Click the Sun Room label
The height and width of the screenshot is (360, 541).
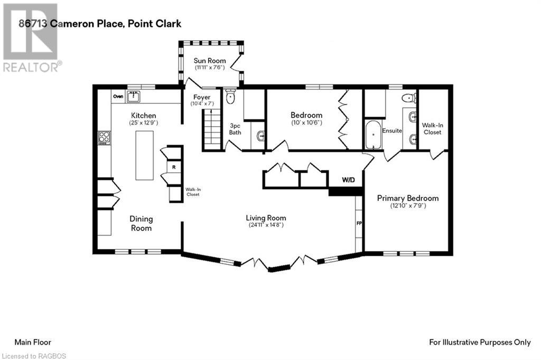(x=209, y=61)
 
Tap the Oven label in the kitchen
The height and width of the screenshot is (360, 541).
(x=118, y=97)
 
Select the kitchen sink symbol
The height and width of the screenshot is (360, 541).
(x=133, y=97)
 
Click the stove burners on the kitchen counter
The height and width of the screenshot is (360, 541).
(x=104, y=138)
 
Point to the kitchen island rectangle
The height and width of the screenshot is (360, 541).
(x=144, y=155)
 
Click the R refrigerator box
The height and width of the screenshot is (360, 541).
(x=174, y=167)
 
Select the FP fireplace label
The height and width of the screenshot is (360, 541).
(x=359, y=223)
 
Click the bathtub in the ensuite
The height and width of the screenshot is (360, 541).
(x=374, y=135)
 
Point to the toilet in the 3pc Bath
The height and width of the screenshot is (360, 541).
(x=230, y=97)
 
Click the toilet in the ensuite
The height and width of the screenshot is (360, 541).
(x=409, y=98)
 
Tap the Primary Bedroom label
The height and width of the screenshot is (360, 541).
(x=408, y=198)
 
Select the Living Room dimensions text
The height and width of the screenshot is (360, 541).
(x=266, y=225)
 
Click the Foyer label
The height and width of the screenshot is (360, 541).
(x=202, y=97)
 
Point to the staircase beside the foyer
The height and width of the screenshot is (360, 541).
(x=211, y=130)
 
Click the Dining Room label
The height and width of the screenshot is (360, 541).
(x=141, y=223)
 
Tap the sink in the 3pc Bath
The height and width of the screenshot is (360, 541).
(x=260, y=137)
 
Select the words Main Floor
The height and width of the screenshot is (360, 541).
(x=33, y=343)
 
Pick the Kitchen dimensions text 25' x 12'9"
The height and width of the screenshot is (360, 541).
(x=144, y=123)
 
